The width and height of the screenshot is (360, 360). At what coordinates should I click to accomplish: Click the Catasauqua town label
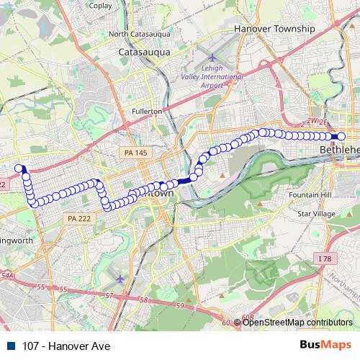click(145, 53)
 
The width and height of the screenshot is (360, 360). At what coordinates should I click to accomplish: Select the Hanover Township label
click(274, 28)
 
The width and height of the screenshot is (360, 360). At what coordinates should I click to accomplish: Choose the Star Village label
click(317, 214)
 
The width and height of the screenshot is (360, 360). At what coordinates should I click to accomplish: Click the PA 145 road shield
click(132, 152)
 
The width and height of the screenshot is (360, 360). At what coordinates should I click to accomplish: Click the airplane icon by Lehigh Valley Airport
click(213, 57)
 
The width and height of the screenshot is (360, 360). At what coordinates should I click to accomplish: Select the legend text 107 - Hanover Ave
click(66, 346)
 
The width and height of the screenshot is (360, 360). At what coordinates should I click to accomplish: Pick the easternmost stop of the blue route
click(341, 136)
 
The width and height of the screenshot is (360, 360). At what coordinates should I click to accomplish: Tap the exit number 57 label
click(109, 295)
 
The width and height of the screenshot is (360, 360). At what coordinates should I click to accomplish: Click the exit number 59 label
click(180, 306)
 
